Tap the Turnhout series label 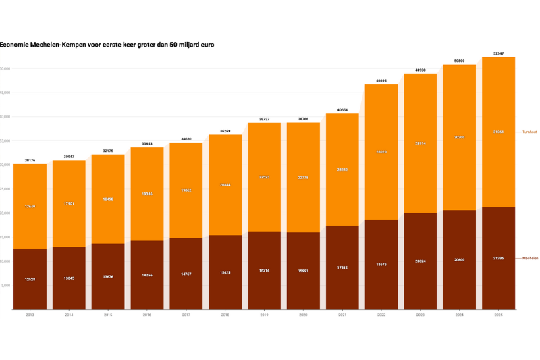(529, 132)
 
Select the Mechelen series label (529, 258)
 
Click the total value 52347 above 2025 (498, 53)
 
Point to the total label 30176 (30, 160)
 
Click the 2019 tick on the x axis (265, 315)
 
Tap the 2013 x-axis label (30, 315)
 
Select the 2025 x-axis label (498, 315)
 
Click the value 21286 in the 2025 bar (498, 258)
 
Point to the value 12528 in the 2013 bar (30, 279)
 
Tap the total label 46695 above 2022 (381, 80)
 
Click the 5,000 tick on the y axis (6, 286)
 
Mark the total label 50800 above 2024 (460, 61)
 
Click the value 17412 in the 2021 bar (342, 267)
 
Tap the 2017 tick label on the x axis (186, 315)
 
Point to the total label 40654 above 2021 (342, 109)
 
